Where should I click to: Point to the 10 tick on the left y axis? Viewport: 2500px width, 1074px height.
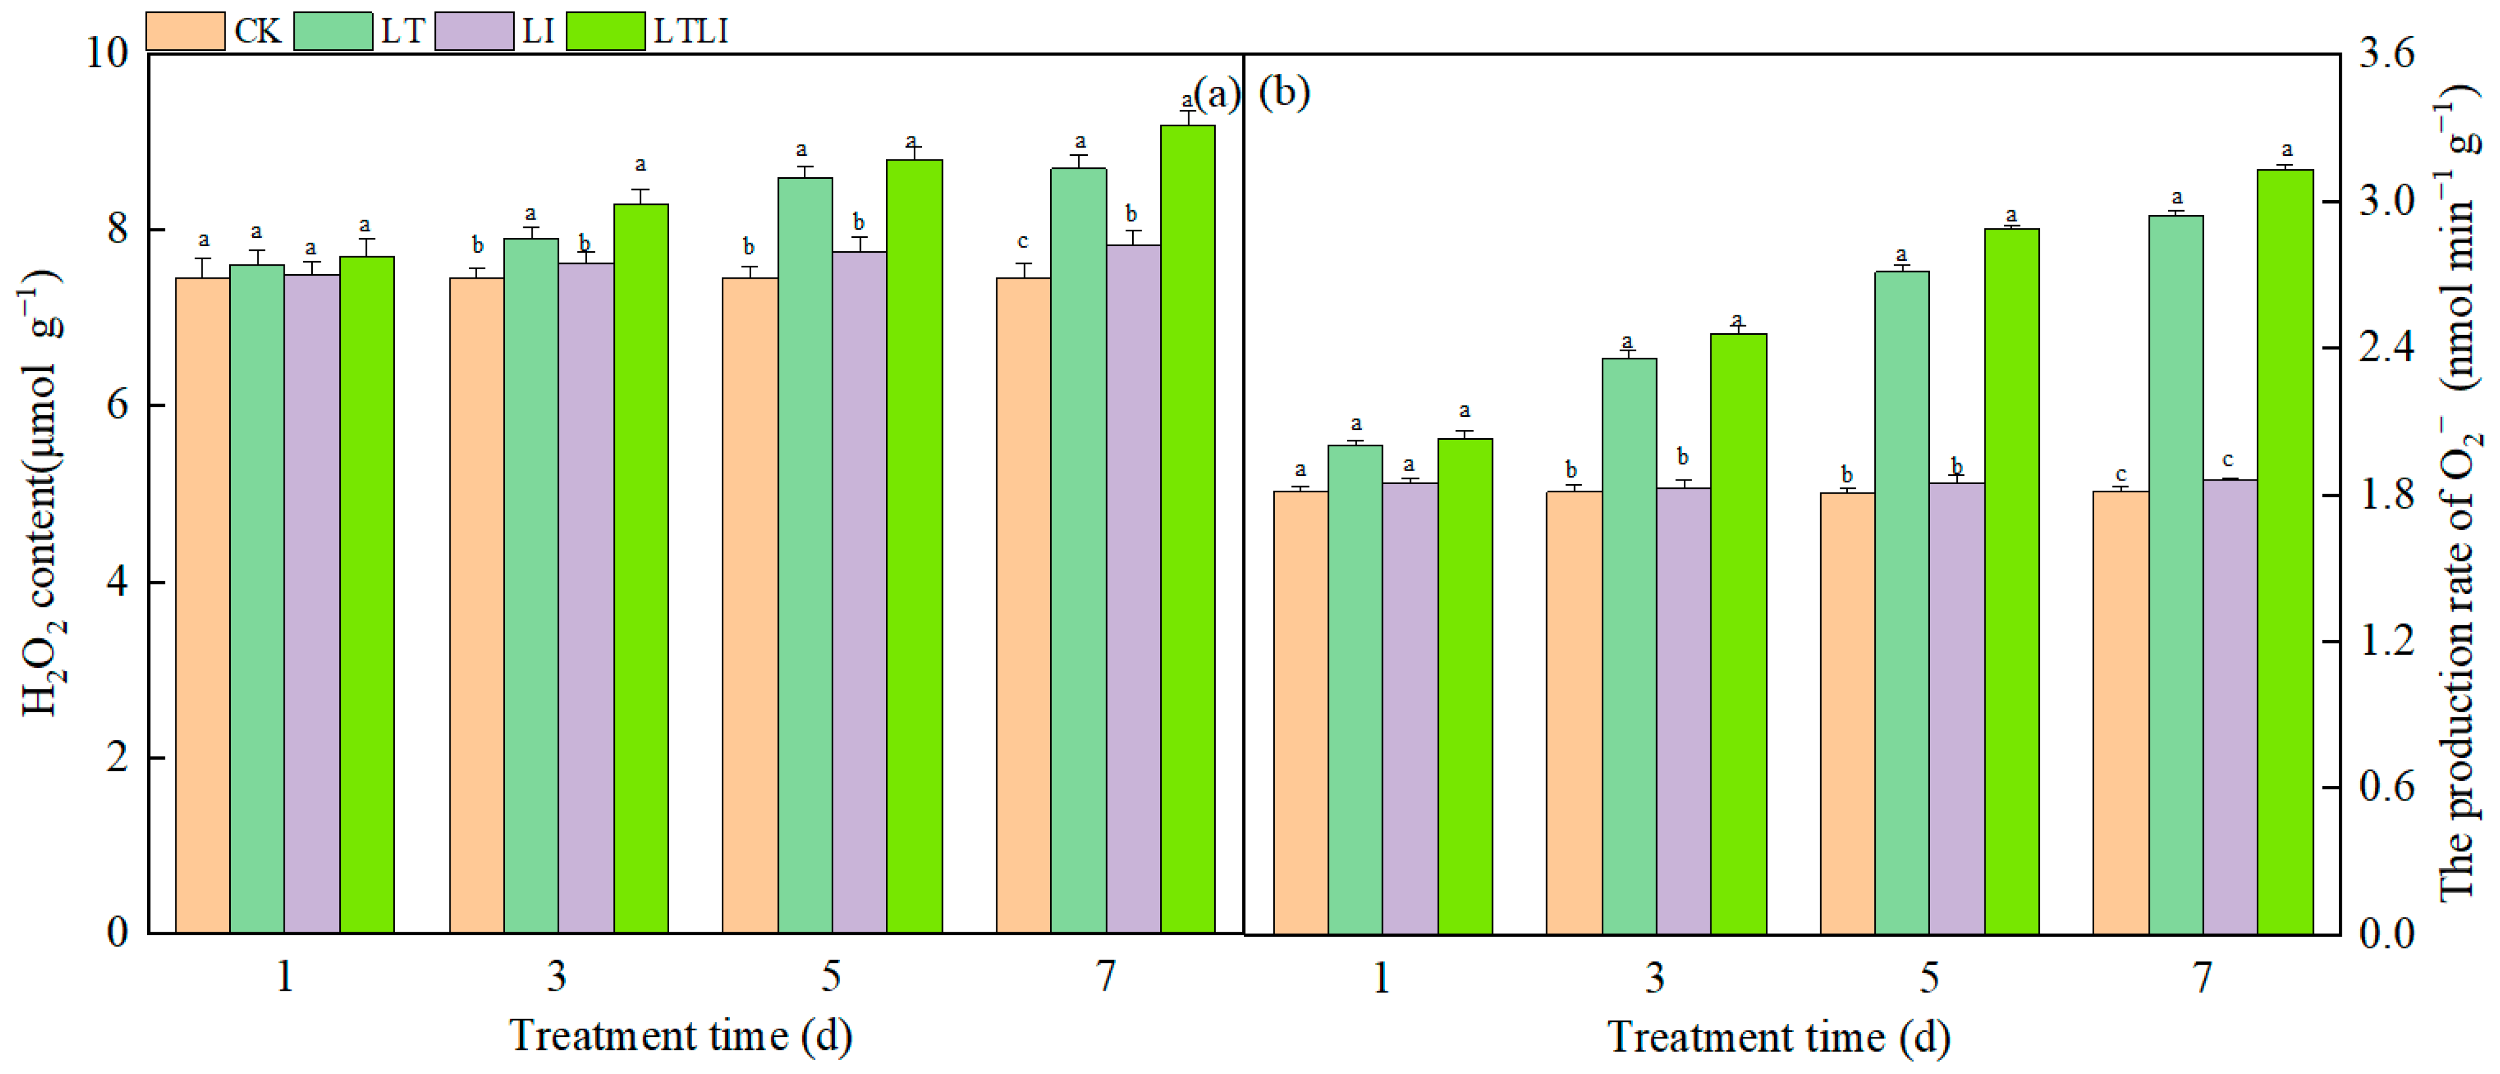point(107,53)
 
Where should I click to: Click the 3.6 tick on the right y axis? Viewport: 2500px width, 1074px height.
point(2385,53)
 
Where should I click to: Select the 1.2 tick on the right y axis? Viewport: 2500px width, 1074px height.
point(2385,640)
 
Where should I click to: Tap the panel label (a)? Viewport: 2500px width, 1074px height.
point(1216,94)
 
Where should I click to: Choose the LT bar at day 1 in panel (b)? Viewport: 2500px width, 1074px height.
point(1355,689)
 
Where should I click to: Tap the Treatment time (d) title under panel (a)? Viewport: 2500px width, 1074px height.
point(680,1035)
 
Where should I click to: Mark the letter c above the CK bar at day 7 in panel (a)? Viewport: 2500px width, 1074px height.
point(1022,241)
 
